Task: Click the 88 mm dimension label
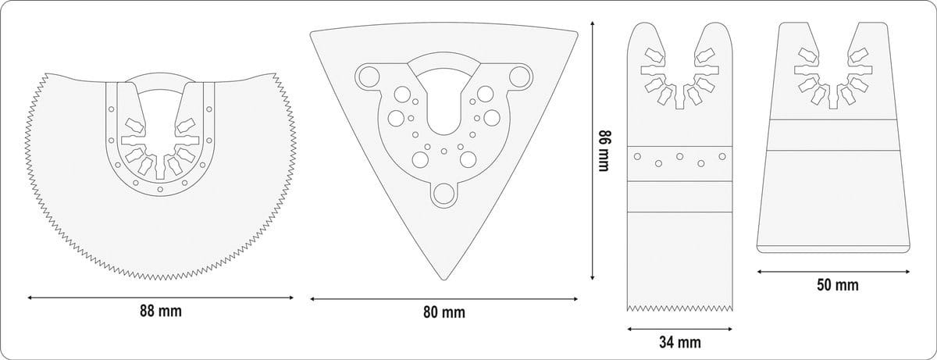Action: [x=161, y=312]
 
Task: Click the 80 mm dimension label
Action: [x=444, y=312]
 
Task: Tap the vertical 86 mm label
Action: [x=604, y=151]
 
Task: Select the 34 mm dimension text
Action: [x=680, y=343]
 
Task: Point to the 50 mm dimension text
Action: [x=837, y=285]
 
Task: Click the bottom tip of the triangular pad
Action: [x=444, y=280]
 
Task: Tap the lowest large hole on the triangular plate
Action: [x=444, y=194]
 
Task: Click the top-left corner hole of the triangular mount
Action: [x=369, y=77]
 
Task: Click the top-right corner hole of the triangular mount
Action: [x=519, y=77]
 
